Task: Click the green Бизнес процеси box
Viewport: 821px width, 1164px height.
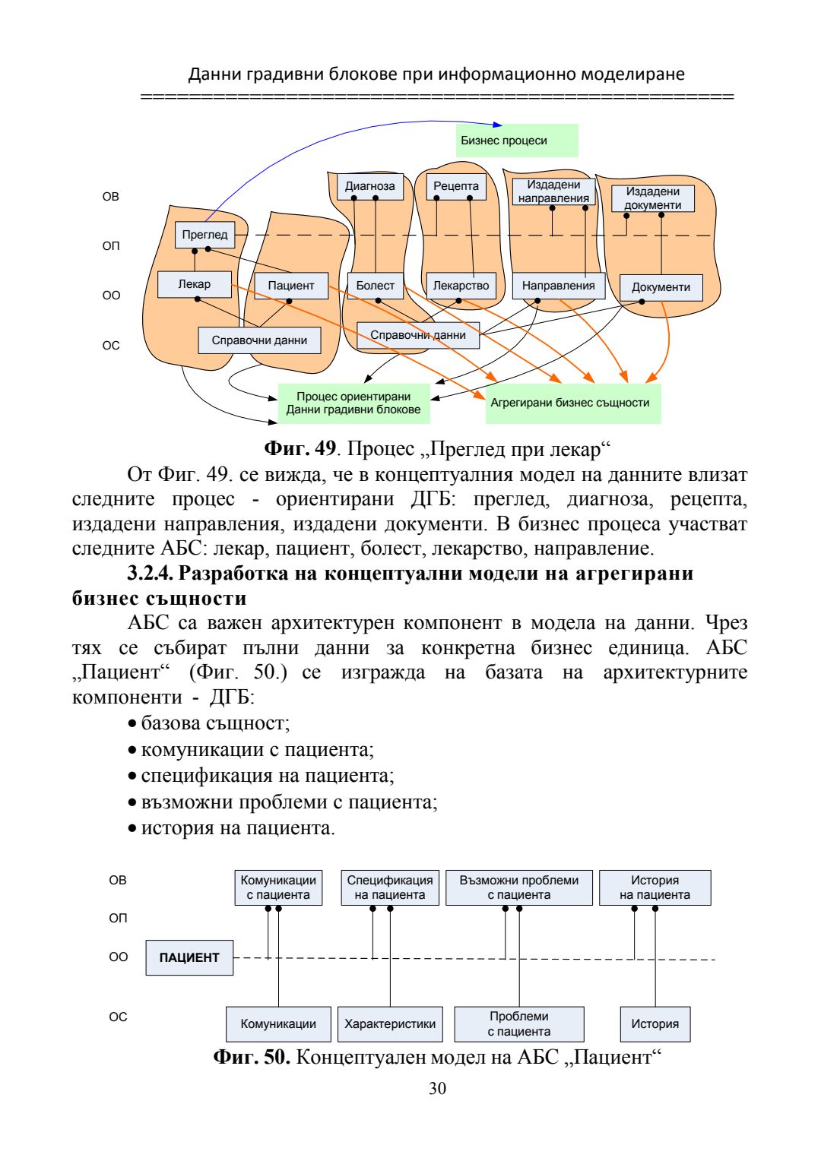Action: pyautogui.click(x=517, y=141)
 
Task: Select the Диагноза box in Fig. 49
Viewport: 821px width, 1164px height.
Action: pyautogui.click(x=370, y=186)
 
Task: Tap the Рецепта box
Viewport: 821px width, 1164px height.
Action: pyautogui.click(x=456, y=186)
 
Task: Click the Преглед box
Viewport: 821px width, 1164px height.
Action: pyautogui.click(x=204, y=235)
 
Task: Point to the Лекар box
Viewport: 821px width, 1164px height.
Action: pyautogui.click(x=195, y=284)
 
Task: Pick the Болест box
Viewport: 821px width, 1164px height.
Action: pyautogui.click(x=376, y=286)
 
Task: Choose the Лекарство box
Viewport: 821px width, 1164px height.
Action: pyautogui.click(x=461, y=286)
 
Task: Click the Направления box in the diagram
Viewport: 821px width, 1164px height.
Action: pyautogui.click(x=558, y=286)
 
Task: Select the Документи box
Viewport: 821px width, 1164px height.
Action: pyautogui.click(x=661, y=287)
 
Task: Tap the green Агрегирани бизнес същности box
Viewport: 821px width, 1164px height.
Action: pyautogui.click(x=573, y=403)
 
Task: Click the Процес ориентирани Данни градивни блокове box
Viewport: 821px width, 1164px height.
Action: pyautogui.click(x=353, y=403)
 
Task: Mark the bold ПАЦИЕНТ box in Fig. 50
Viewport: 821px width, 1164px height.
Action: pyautogui.click(x=189, y=957)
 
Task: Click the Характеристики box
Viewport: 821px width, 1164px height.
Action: pyautogui.click(x=390, y=1024)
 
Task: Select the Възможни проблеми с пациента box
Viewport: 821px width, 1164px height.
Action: pyautogui.click(x=519, y=887)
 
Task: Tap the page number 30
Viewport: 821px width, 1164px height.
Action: pyautogui.click(x=438, y=1089)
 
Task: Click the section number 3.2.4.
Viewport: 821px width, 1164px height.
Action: pyautogui.click(x=150, y=574)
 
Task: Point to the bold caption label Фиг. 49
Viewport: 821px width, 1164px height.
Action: pyautogui.click(x=300, y=449)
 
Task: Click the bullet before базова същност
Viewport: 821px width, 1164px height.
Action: pyautogui.click(x=133, y=724)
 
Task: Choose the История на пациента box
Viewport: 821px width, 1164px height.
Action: pyautogui.click(x=655, y=887)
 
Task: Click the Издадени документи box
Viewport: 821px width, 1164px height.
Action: pyautogui.click(x=653, y=198)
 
